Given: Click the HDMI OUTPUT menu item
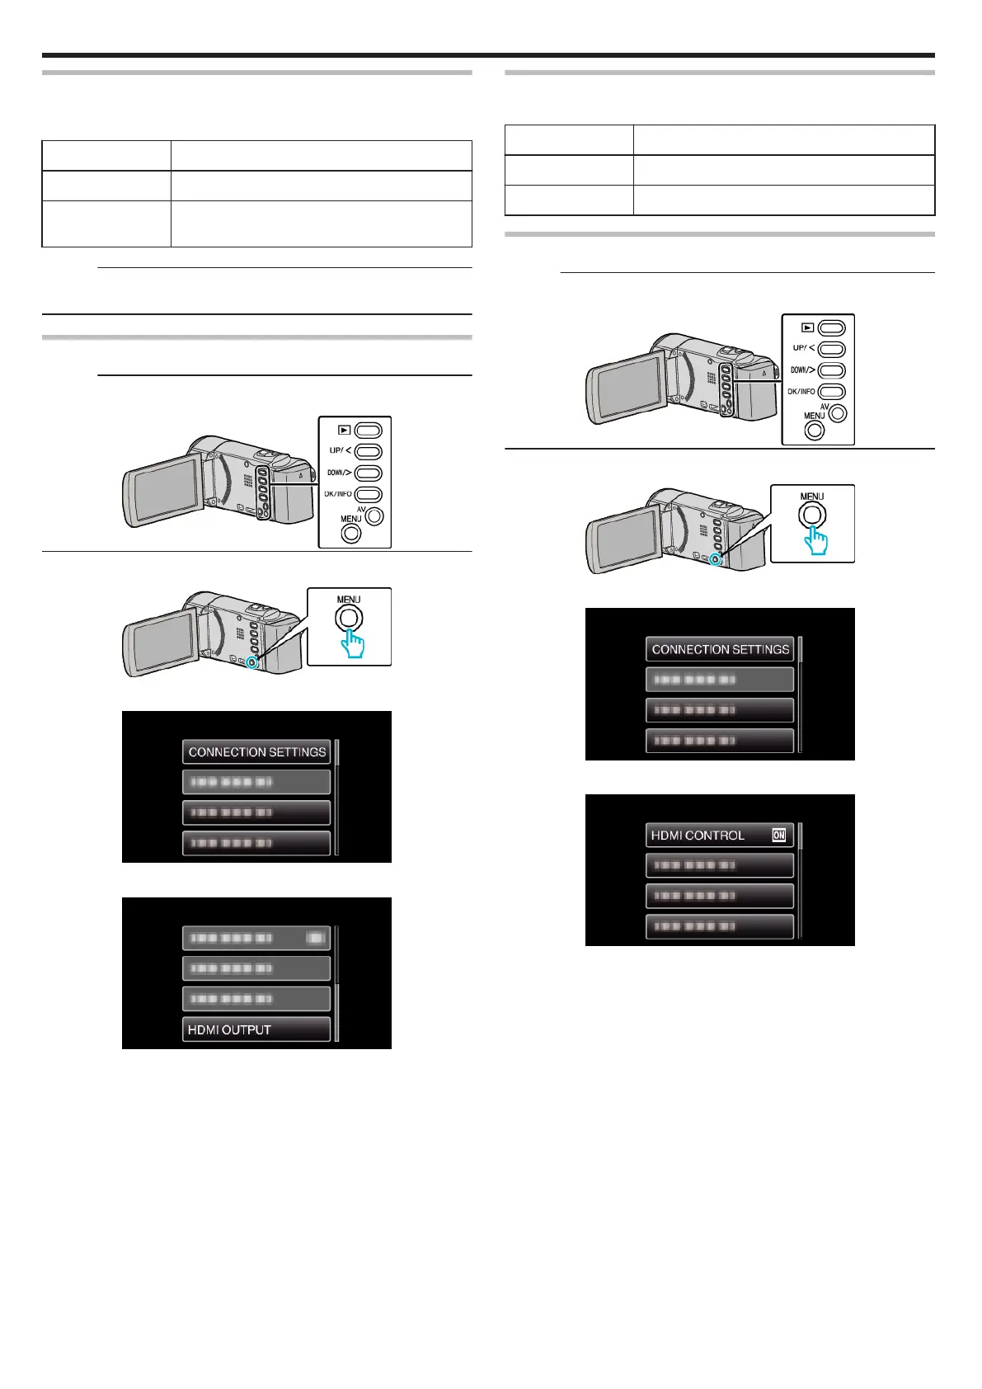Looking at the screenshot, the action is [256, 1029].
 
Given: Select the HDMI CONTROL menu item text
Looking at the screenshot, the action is [698, 836].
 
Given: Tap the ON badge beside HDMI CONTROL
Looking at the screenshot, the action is [778, 836].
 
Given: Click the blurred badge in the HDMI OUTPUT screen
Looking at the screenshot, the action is [315, 938].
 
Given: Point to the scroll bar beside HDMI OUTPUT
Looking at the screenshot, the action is [336, 982].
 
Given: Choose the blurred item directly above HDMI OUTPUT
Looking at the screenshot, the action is [256, 999].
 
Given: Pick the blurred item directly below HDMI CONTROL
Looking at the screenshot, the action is [719, 865].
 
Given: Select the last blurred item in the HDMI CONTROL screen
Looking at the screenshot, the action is [719, 926].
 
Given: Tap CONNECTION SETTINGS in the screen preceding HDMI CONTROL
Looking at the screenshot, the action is [719, 649].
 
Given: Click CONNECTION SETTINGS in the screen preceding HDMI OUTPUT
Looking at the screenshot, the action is [256, 752].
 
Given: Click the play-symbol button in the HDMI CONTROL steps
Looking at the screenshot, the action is [831, 328].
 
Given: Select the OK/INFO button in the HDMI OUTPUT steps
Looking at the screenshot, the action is [368, 495].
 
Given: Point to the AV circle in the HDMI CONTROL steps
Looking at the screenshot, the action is [838, 413].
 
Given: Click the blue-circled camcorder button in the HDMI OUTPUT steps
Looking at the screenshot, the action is [252, 662].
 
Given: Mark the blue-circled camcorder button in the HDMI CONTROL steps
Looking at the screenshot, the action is [716, 559].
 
